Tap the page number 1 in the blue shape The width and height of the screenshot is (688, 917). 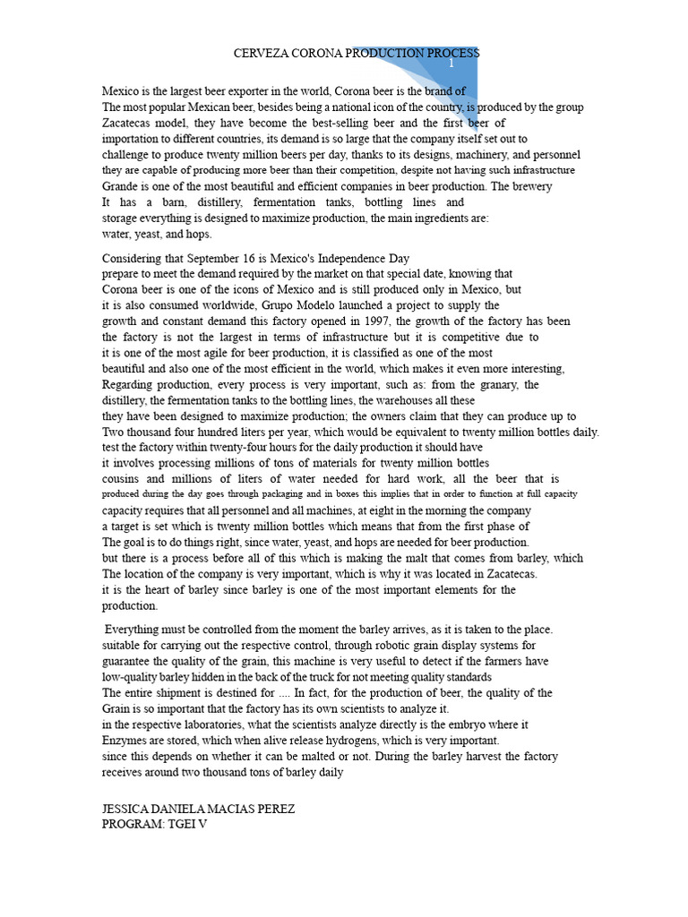pos(452,64)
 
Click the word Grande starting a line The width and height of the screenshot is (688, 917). pos(121,186)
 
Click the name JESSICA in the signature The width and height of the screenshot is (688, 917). pos(129,809)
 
